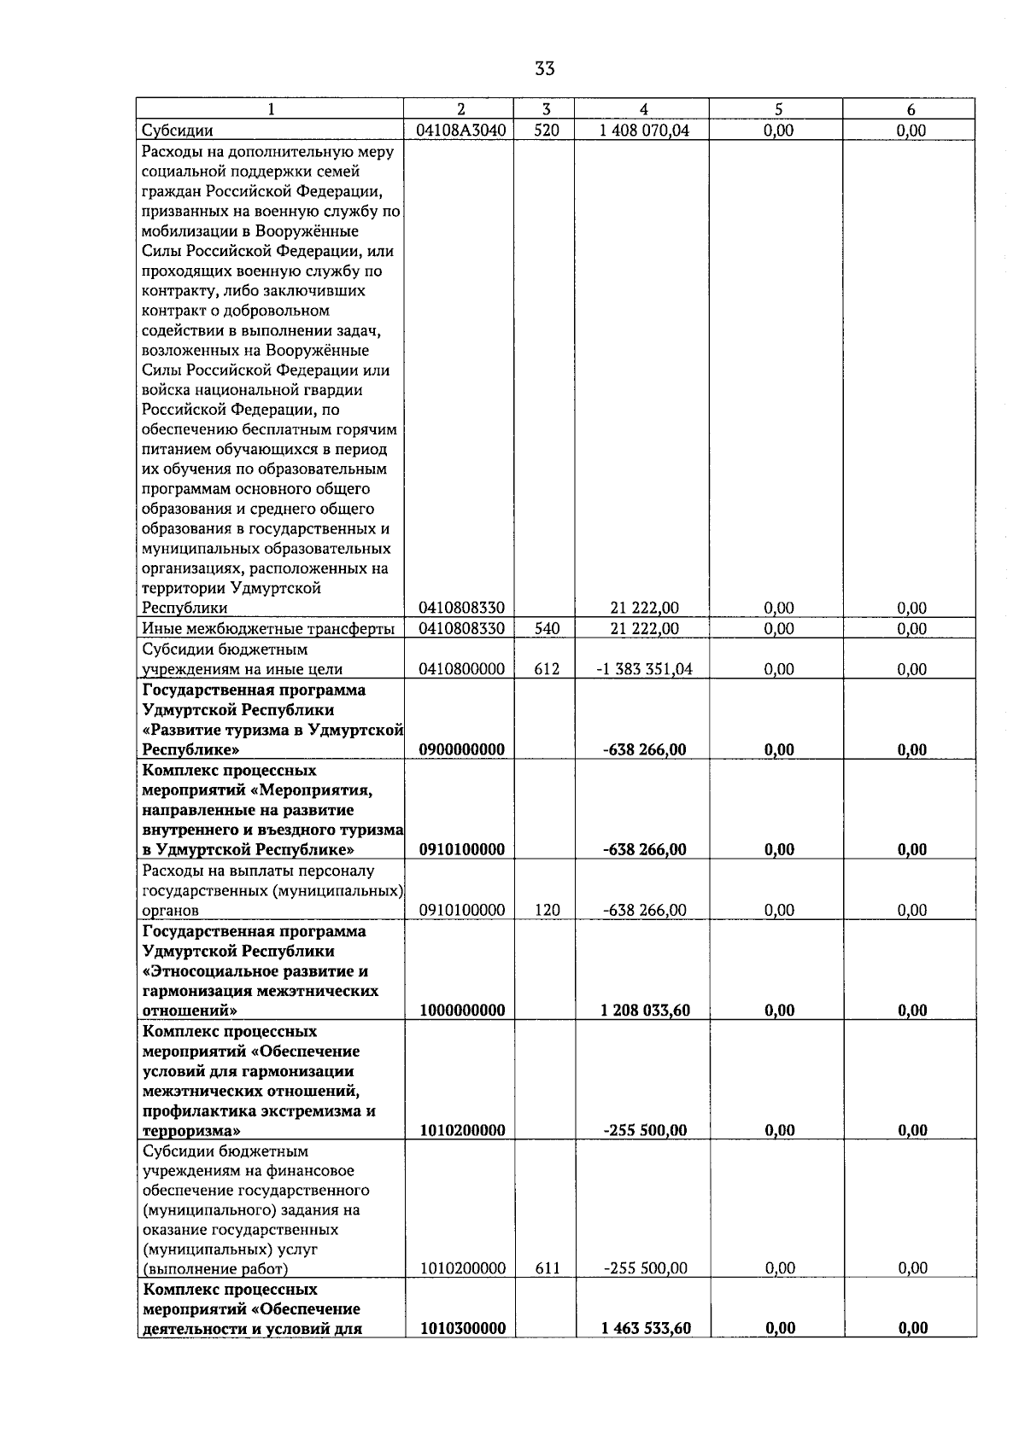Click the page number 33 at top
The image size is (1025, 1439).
(x=545, y=68)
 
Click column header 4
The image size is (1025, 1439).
(x=643, y=109)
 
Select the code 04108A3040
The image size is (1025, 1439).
(x=462, y=131)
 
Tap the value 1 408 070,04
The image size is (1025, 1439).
(x=644, y=131)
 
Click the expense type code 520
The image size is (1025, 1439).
(x=546, y=131)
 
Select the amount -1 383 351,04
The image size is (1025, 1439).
(x=644, y=669)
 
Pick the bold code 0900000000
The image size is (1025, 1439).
(x=462, y=749)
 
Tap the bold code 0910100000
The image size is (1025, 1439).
(x=462, y=849)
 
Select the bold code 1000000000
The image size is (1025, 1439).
(x=462, y=1010)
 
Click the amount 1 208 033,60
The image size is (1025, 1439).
(x=645, y=1010)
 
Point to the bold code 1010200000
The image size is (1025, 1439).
(x=462, y=1130)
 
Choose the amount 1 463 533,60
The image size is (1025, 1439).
(x=645, y=1328)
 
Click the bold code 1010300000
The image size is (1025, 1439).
(x=462, y=1328)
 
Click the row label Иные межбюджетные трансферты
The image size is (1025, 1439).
(x=268, y=629)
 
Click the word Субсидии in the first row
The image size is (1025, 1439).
(x=178, y=131)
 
